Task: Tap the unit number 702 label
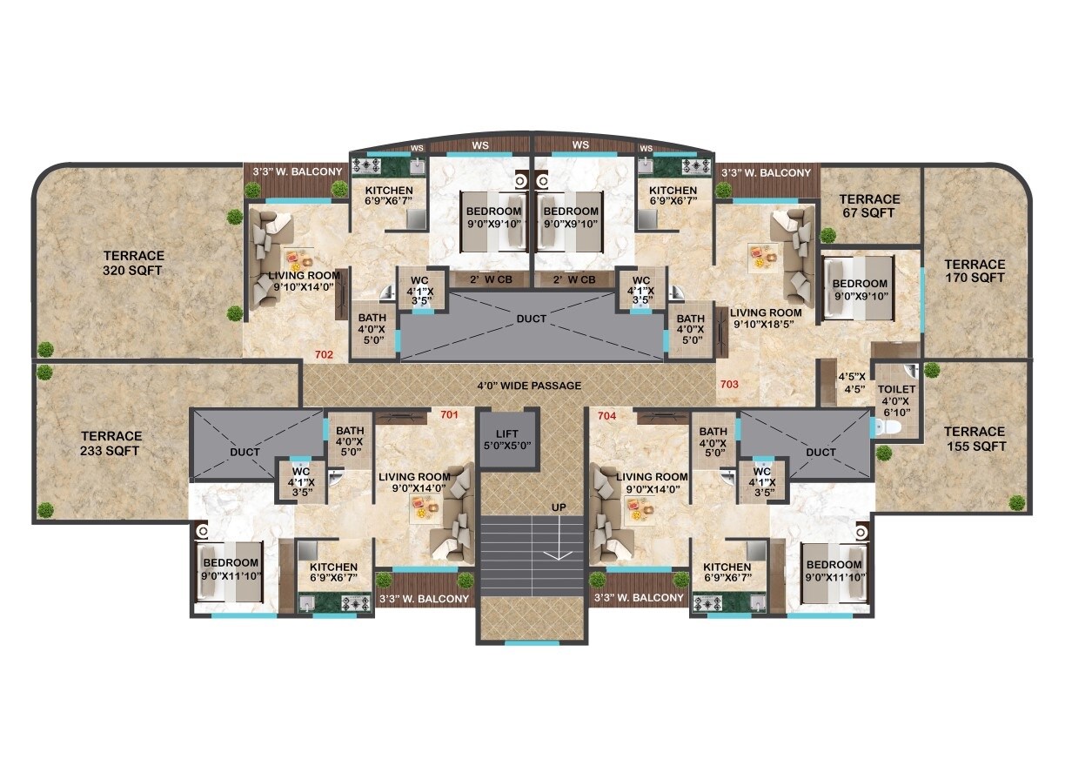click(324, 354)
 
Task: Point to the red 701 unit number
click(449, 415)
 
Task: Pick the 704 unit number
click(606, 416)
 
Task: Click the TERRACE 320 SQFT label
click(133, 263)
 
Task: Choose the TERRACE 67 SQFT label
click(870, 205)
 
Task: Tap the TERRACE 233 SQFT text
click(111, 443)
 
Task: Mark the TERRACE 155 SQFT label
click(975, 439)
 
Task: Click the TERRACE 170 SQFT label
click(975, 271)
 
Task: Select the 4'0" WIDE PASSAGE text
click(529, 386)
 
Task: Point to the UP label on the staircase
click(558, 507)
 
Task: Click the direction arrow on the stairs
click(558, 552)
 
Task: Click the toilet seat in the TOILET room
click(884, 428)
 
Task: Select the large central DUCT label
click(531, 319)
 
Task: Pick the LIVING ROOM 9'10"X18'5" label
click(766, 319)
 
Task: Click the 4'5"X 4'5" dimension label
click(850, 384)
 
